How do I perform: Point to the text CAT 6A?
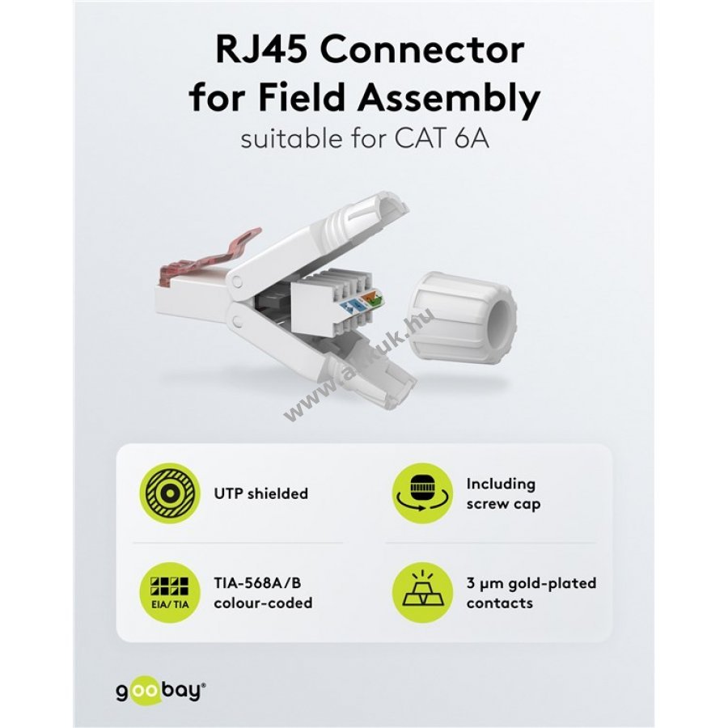(442, 138)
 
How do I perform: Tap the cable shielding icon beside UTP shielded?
(170, 493)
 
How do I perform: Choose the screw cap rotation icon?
(422, 493)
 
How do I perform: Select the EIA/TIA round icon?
(170, 593)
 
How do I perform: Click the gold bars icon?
(422, 593)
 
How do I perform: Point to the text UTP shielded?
(261, 493)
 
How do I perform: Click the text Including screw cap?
(504, 493)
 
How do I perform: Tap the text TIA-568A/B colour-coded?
(263, 593)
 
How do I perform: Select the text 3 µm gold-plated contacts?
(531, 593)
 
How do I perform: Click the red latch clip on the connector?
(205, 257)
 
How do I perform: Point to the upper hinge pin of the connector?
(237, 280)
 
